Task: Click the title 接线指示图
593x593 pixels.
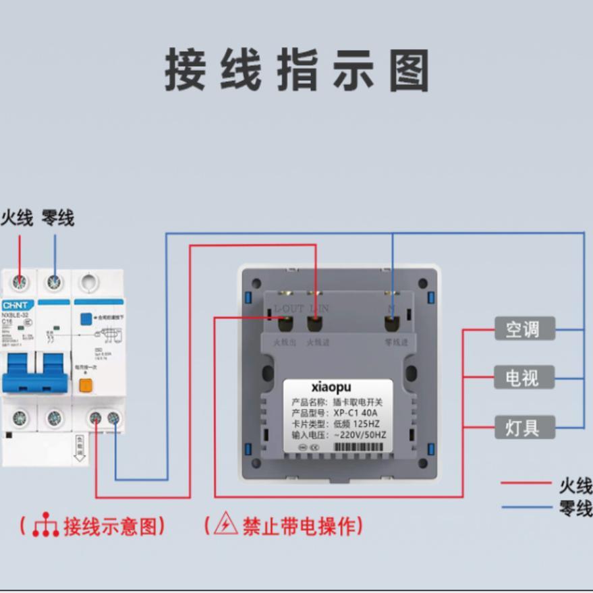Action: tap(297, 70)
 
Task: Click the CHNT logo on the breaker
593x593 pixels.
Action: tap(15, 305)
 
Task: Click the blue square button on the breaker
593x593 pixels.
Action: tap(86, 319)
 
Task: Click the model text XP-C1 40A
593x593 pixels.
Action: tap(356, 413)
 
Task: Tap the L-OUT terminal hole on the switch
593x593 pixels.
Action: tap(285, 322)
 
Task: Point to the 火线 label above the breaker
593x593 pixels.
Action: tap(18, 218)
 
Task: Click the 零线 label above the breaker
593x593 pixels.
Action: tap(57, 218)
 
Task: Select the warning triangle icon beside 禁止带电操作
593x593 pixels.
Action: tap(225, 524)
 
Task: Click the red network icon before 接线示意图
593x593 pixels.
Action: tap(45, 525)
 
